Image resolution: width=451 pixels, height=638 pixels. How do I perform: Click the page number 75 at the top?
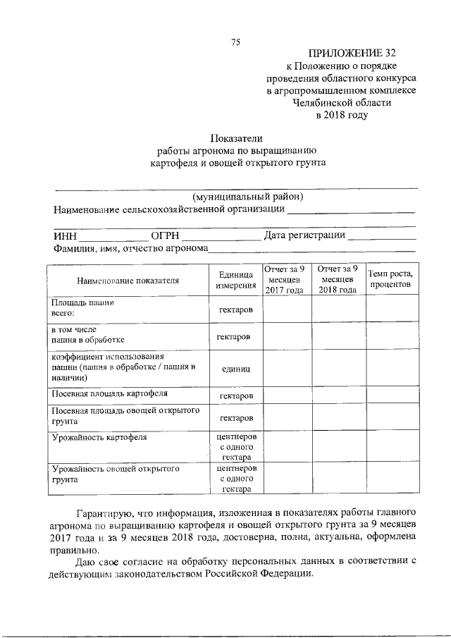236,42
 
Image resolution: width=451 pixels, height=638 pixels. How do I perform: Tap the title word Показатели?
236,138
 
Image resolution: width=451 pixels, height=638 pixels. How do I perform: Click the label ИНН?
64,235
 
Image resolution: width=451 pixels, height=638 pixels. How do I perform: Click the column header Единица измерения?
236,281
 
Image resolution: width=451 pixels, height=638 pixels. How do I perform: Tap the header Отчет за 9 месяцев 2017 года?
284,280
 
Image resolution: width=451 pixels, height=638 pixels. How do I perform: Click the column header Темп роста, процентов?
390,280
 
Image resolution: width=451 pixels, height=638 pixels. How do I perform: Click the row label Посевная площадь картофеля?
108,393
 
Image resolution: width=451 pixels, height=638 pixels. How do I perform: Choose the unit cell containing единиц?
236,369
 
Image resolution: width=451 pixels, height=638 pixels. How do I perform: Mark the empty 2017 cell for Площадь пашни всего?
284,309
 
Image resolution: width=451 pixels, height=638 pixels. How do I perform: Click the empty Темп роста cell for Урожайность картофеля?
390,447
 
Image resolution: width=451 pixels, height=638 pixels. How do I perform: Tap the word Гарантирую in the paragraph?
108,510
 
